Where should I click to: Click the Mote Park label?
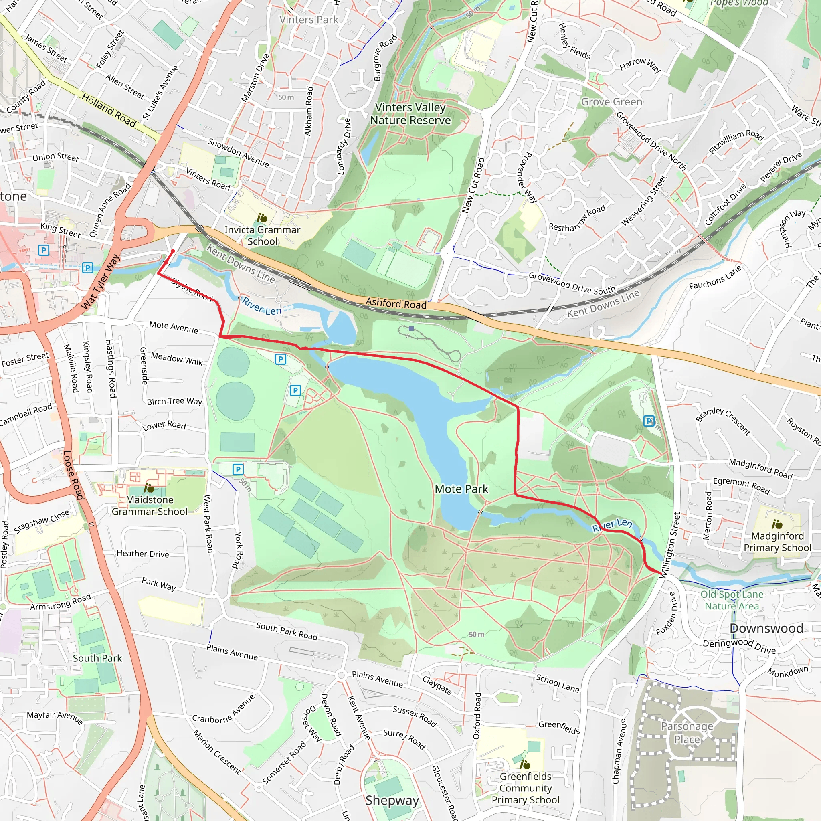(x=461, y=489)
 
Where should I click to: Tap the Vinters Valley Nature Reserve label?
(x=410, y=114)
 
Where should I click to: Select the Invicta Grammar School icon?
(x=262, y=218)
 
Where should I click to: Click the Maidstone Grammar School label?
(x=149, y=505)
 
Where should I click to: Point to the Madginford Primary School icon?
(x=777, y=524)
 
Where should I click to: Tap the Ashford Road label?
(x=396, y=303)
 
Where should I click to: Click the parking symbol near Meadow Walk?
(x=281, y=359)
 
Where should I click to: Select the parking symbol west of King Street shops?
(x=43, y=250)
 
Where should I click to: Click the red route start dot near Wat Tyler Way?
(x=172, y=251)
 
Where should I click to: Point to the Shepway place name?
(x=392, y=800)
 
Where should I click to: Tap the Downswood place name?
(x=766, y=628)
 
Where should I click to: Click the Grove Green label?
(x=611, y=102)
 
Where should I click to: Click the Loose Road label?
(x=73, y=475)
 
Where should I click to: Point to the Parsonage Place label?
(x=687, y=733)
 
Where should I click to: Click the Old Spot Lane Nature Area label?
(x=732, y=600)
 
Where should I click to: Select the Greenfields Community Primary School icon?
(x=525, y=764)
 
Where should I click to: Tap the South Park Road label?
(x=287, y=631)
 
